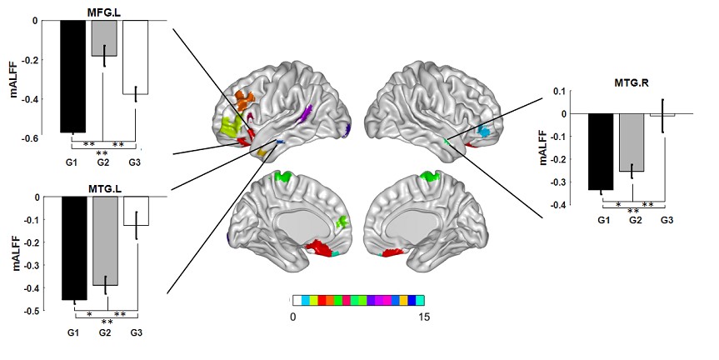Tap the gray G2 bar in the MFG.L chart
pyautogui.click(x=104, y=38)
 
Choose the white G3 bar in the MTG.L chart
pyautogui.click(x=135, y=212)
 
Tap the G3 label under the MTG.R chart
pyautogui.click(x=667, y=220)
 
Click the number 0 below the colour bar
pyautogui.click(x=293, y=317)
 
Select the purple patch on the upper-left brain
pyautogui.click(x=306, y=113)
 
